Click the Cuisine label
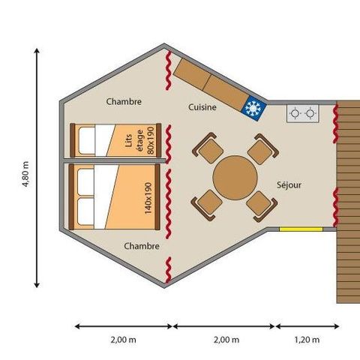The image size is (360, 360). pyautogui.click(x=202, y=107)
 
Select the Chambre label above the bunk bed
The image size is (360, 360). pyautogui.click(x=124, y=101)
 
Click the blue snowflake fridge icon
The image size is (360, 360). pyautogui.click(x=253, y=109)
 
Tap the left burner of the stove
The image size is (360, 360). pyautogui.click(x=295, y=114)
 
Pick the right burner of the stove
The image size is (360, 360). pyautogui.click(x=310, y=114)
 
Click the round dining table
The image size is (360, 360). pyautogui.click(x=235, y=177)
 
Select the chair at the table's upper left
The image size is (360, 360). pyautogui.click(x=207, y=148)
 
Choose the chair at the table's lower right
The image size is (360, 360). pyautogui.click(x=260, y=203)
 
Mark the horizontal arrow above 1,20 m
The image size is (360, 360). pyautogui.click(x=307, y=325)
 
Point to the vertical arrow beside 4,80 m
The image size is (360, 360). pyautogui.click(x=37, y=169)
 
